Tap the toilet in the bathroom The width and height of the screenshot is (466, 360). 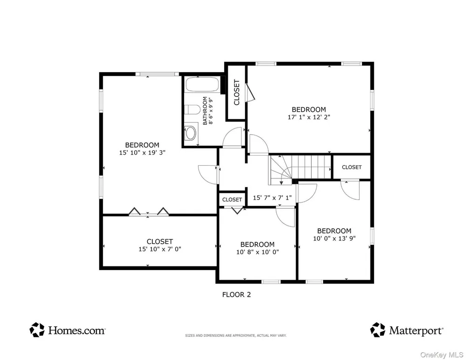(192, 109)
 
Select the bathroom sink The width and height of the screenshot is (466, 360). (190, 132)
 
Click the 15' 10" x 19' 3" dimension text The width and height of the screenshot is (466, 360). (142, 153)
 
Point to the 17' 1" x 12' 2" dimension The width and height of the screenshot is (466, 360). (309, 117)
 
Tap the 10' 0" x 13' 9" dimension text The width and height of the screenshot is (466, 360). (334, 238)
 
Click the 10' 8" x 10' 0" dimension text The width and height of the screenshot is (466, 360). (257, 252)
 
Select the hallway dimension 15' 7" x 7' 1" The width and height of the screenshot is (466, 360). (272, 197)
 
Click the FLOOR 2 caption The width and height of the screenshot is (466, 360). (237, 294)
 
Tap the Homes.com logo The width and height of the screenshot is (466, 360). (68, 330)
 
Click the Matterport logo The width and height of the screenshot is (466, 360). (406, 330)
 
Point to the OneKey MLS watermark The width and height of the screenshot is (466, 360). (442, 355)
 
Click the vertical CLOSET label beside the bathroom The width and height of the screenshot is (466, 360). (237, 92)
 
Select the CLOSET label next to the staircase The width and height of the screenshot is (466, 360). (351, 167)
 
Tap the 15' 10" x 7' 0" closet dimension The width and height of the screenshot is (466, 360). (159, 249)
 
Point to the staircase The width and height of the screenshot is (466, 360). (300, 170)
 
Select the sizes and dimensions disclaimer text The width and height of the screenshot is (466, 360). (236, 335)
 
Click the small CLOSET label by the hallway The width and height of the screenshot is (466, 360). (232, 200)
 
